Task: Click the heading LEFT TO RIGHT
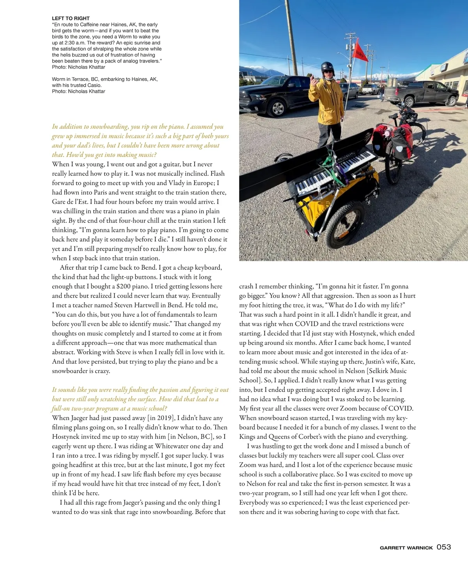point(71,18)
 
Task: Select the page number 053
point(444,547)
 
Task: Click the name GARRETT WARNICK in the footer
point(406,548)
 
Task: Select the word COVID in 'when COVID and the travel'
point(309,324)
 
